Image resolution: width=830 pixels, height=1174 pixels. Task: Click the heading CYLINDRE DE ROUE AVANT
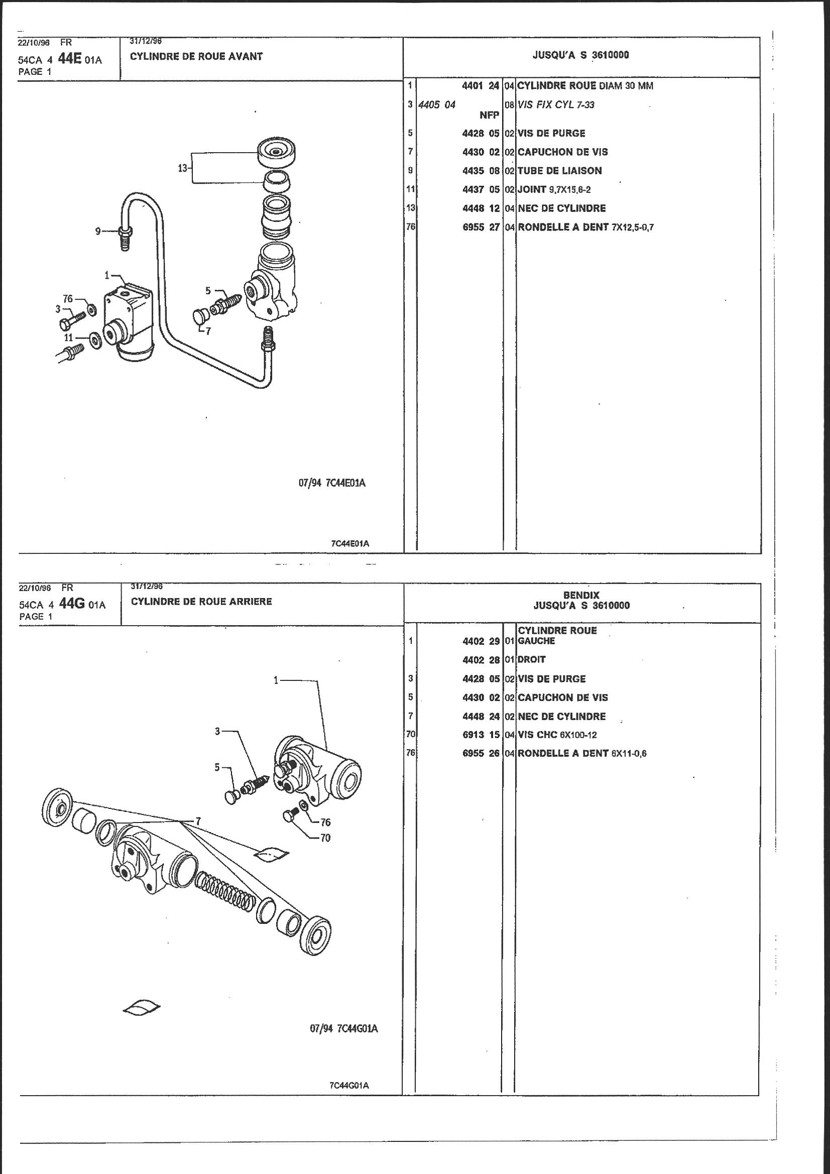[x=196, y=57]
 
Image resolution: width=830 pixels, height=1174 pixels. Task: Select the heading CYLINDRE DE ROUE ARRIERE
[x=201, y=602]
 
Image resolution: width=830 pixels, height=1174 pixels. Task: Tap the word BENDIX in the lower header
[x=581, y=595]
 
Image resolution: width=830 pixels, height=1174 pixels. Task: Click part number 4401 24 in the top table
[x=480, y=86]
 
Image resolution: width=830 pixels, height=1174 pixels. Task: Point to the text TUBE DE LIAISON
[x=559, y=171]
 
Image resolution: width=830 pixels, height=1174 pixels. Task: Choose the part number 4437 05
[x=480, y=190]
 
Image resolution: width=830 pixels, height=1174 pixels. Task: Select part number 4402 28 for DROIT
[x=481, y=660]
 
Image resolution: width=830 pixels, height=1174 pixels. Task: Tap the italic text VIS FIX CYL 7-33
[x=556, y=105]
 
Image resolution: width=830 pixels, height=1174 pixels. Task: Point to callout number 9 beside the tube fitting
[x=98, y=231]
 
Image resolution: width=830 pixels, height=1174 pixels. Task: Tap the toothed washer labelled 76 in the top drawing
[x=91, y=309]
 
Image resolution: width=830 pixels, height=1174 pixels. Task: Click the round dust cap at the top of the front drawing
[x=278, y=153]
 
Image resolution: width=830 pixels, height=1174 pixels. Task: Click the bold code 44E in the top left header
[x=70, y=59]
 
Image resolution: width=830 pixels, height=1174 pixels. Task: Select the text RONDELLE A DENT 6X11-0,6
[x=582, y=753]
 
